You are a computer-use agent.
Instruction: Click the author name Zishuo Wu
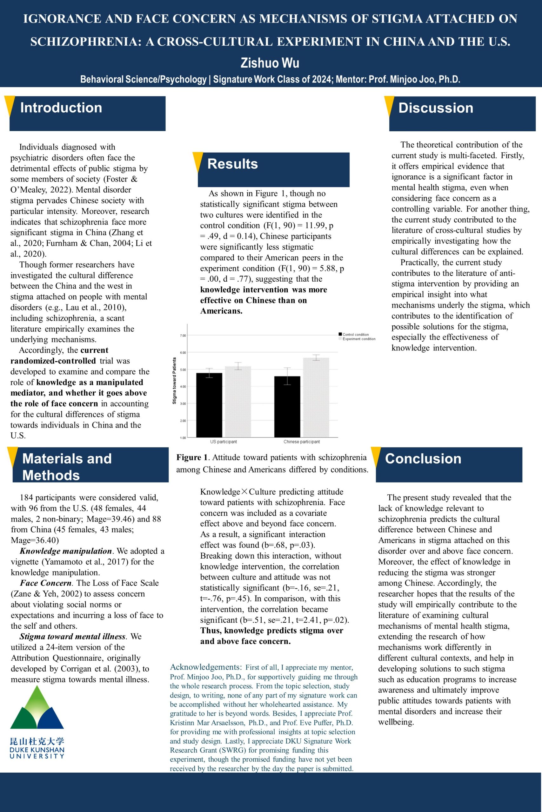coord(270,63)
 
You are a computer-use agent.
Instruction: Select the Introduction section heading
coord(61,108)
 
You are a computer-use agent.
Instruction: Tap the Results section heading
coord(232,164)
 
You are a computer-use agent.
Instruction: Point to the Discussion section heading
coord(436,108)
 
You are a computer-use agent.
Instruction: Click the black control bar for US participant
coord(209,405)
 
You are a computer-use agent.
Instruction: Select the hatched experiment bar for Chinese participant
coord(316,397)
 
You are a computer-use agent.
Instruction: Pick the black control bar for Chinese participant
coord(287,407)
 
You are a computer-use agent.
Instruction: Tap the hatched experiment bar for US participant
coord(238,402)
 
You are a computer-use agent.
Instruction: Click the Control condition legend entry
coord(355,334)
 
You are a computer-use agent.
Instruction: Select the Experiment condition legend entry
coord(358,339)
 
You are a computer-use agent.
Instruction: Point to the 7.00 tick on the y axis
coord(183,336)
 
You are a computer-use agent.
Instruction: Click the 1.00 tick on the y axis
coord(183,438)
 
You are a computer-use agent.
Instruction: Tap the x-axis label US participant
coord(223,442)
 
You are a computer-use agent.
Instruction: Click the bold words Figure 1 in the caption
coord(192,457)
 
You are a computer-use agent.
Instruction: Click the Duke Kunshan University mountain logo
coord(37,708)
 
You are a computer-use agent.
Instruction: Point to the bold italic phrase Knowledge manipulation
coord(66,551)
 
